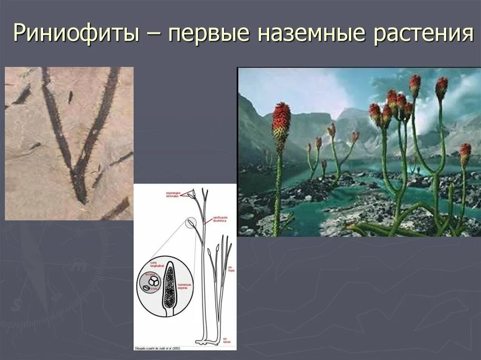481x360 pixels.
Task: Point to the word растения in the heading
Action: pos(423,34)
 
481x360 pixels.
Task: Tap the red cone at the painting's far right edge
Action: pos(465,153)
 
